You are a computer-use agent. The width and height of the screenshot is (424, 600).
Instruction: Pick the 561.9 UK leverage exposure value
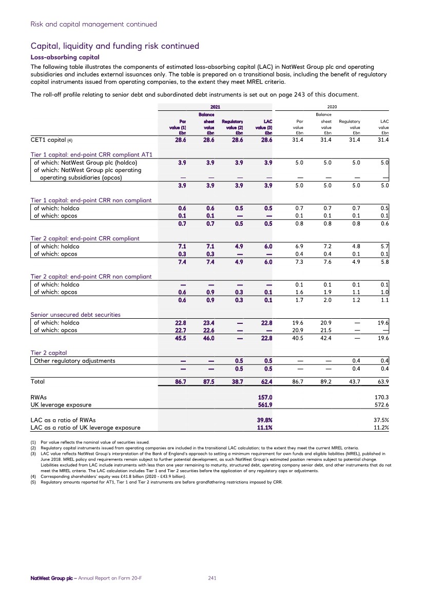click(x=264, y=405)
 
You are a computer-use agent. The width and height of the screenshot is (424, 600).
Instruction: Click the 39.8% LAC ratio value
click(x=264, y=420)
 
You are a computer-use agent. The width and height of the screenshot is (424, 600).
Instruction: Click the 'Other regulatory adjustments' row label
click(x=74, y=360)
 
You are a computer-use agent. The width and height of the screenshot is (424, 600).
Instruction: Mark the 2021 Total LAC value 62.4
click(x=264, y=382)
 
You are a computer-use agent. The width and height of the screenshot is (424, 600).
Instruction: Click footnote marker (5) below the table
click(x=34, y=482)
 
